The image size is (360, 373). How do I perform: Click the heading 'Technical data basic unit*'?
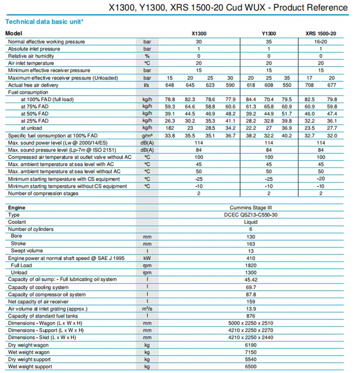click(x=44, y=21)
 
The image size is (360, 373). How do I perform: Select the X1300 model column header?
click(x=199, y=33)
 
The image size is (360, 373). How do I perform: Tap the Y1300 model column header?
click(x=269, y=33)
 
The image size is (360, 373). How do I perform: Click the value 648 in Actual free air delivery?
click(x=170, y=85)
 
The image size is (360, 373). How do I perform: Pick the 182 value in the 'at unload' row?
click(x=170, y=128)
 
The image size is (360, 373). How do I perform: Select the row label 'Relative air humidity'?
click(x=34, y=56)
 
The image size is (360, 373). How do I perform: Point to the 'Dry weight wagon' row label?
click(x=29, y=345)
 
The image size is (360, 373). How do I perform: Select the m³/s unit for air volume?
click(x=148, y=309)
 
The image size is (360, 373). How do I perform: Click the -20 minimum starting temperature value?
click(x=321, y=179)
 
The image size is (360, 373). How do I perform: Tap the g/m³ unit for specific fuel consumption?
click(x=148, y=135)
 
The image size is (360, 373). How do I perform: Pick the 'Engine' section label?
click(x=17, y=208)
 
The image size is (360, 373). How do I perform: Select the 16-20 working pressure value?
click(x=321, y=42)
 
